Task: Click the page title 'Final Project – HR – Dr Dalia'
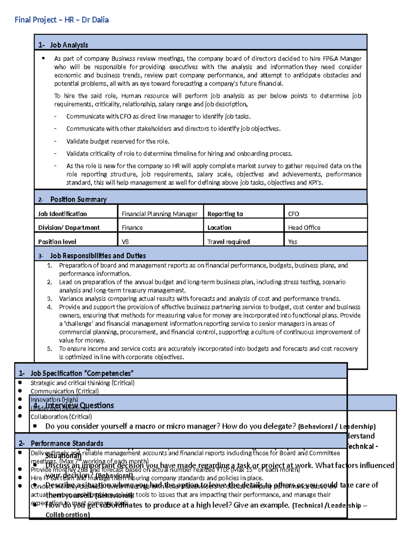(61, 20)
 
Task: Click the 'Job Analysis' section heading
(69, 45)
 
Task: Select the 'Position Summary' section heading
(78, 199)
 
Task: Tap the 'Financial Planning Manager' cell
(159, 214)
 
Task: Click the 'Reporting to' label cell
(225, 214)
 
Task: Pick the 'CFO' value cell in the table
(293, 214)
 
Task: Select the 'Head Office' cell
(304, 228)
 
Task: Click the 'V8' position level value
(125, 242)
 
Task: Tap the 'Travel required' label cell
(228, 242)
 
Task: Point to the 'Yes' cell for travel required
(293, 242)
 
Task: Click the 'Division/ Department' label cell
(69, 228)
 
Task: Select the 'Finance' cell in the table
(132, 228)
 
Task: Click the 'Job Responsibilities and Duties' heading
(98, 256)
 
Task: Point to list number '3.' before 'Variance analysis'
(50, 298)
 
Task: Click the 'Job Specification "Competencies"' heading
(82, 373)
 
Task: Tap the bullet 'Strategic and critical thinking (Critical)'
(83, 383)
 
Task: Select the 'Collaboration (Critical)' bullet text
(61, 416)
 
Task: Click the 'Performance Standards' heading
(67, 443)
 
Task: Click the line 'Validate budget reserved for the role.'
(118, 141)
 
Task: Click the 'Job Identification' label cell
(62, 214)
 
